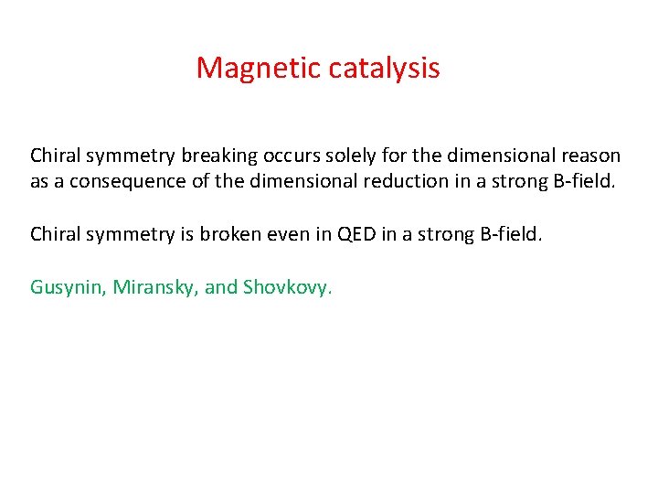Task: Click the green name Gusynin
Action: coord(69,287)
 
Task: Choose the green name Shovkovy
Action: coord(288,287)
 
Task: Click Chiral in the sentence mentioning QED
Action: coord(55,234)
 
